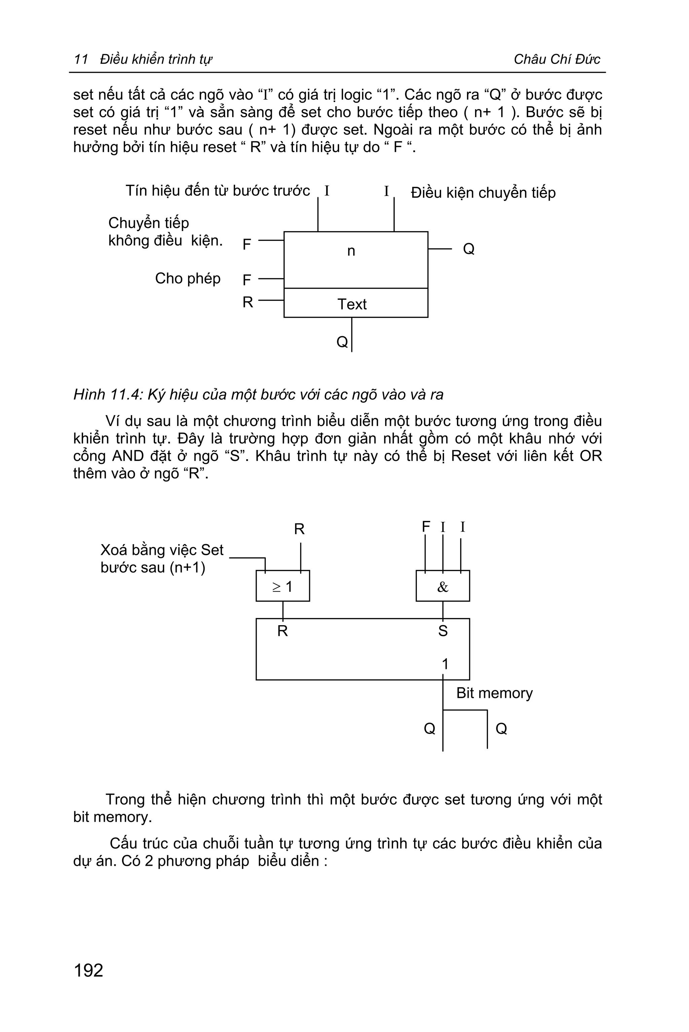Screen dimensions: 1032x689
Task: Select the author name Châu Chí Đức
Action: pos(557,59)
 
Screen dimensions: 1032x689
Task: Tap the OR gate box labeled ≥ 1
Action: pos(283,586)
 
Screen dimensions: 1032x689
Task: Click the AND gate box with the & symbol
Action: pos(442,586)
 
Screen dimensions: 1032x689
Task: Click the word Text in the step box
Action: pos(352,304)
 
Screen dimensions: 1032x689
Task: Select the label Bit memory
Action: pos(494,693)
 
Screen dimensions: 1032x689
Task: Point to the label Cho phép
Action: pos(188,278)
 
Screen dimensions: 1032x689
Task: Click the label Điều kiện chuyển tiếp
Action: pos(483,192)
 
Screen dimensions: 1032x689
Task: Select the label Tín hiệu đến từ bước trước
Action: pos(218,190)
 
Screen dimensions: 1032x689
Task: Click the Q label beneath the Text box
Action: pos(342,342)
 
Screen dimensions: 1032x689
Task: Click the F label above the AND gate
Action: pos(425,526)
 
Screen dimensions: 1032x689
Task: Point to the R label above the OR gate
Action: pos(299,529)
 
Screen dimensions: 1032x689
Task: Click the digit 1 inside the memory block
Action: pos(445,664)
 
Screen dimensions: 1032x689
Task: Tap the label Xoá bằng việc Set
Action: pos(162,550)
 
